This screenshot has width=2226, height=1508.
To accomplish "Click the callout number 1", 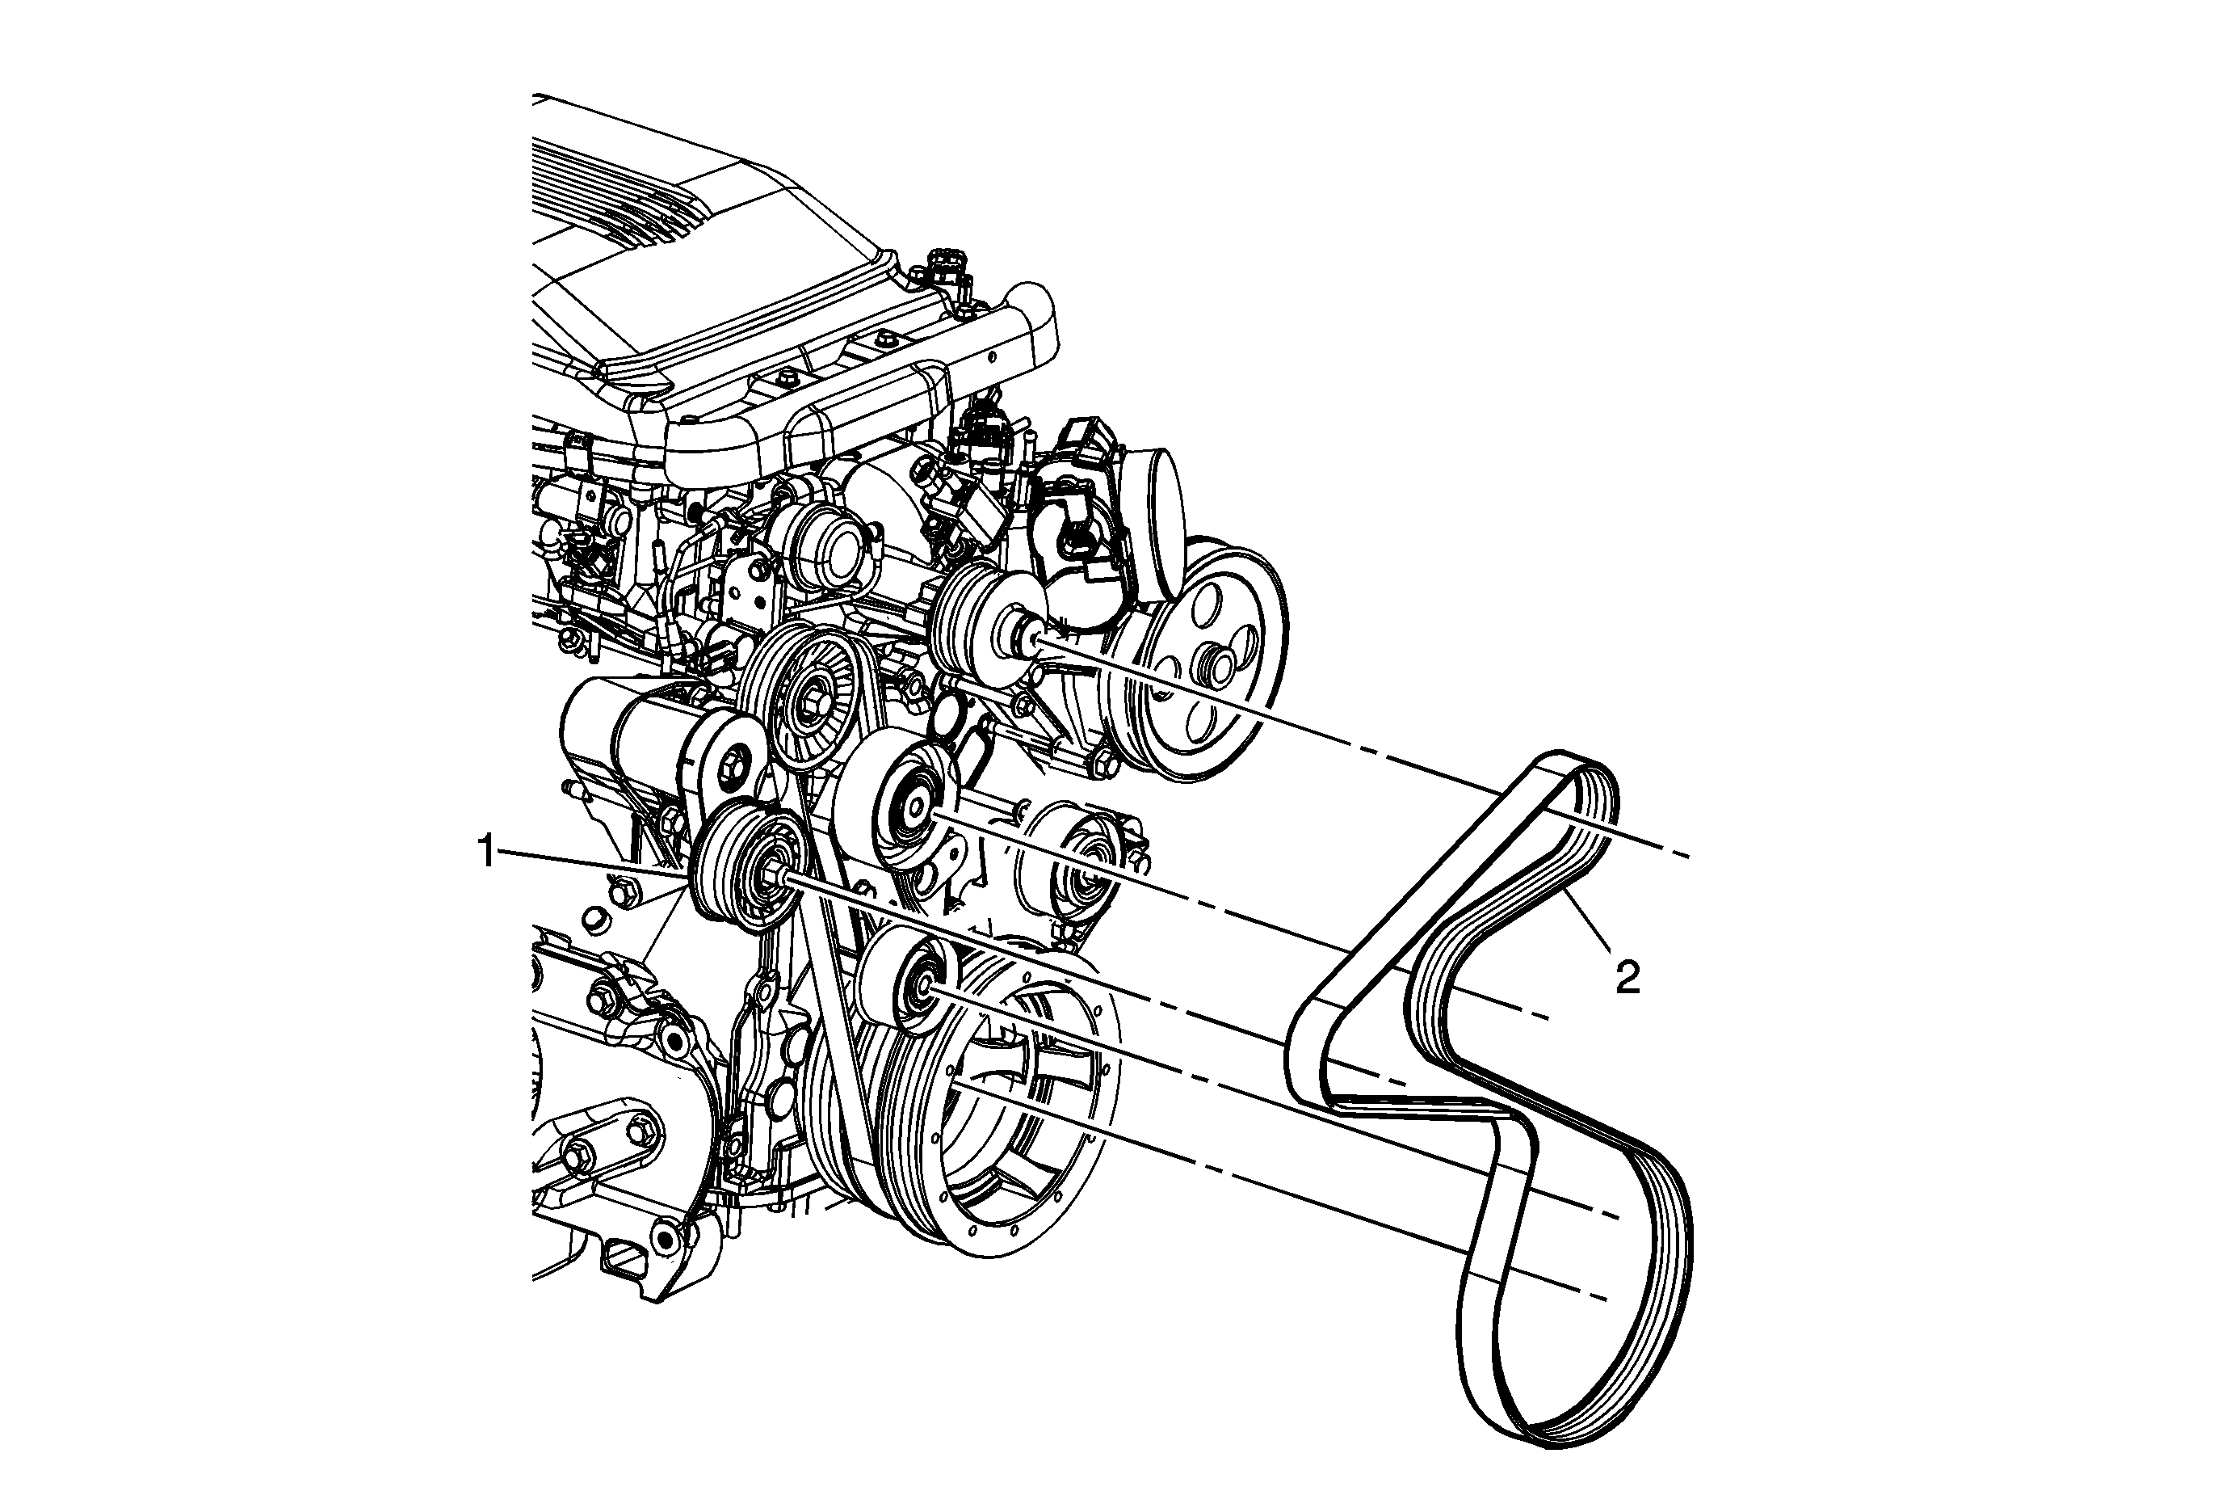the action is (488, 852).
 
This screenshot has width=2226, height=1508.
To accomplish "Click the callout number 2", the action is (1627, 978).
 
